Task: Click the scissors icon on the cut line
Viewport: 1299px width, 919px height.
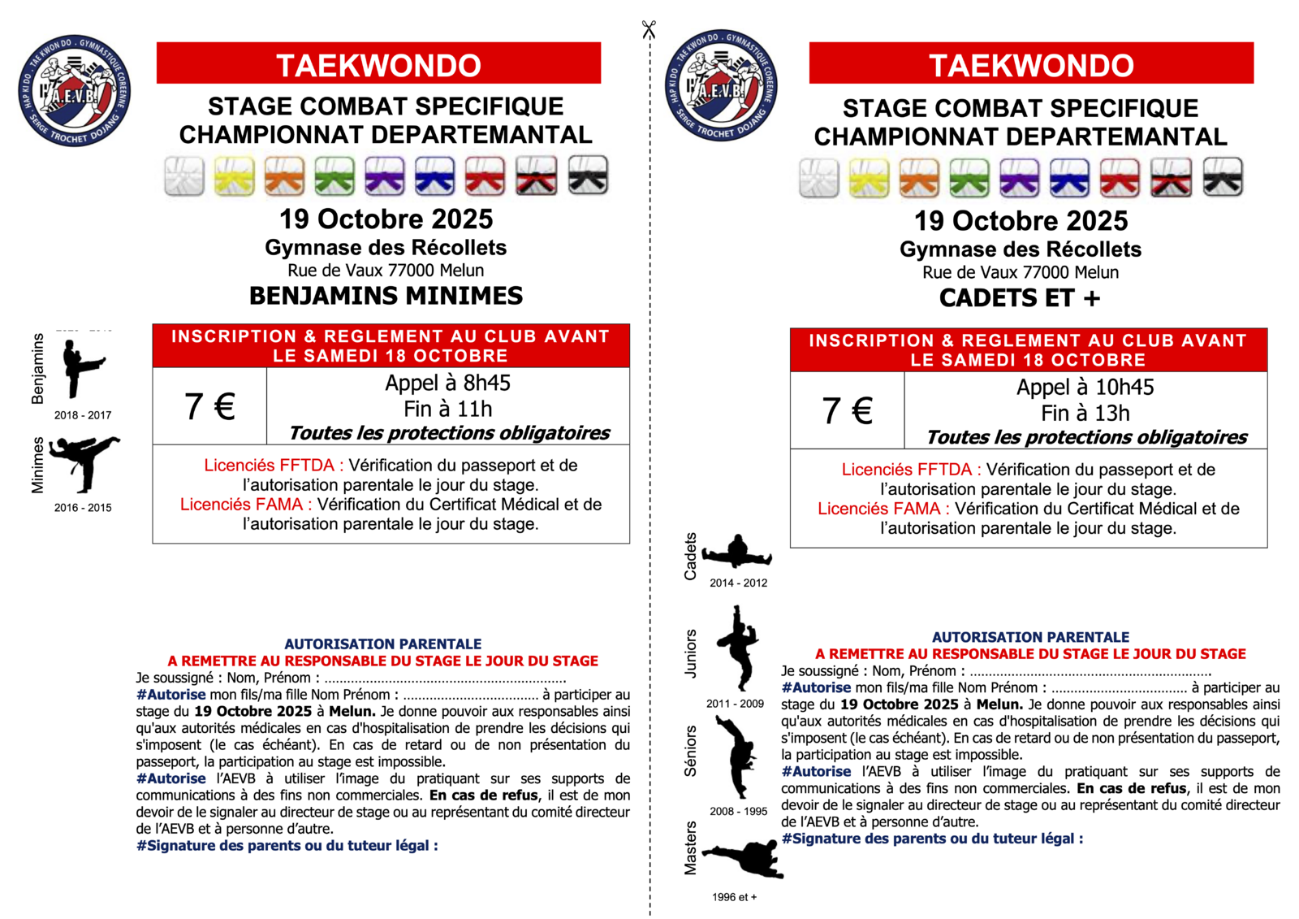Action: click(648, 30)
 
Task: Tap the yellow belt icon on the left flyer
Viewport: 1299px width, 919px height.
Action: click(235, 176)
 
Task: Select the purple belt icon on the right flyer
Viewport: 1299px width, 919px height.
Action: click(1019, 178)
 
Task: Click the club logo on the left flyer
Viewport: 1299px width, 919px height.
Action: click(75, 91)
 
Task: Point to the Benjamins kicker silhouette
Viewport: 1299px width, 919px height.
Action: click(83, 368)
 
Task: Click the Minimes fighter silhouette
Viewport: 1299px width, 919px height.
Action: click(84, 463)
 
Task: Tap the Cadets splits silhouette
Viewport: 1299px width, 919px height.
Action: click(737, 553)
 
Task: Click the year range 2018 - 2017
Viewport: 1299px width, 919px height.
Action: click(83, 415)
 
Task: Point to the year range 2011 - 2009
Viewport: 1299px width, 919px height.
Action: click(735, 704)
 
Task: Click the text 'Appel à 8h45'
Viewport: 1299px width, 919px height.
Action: click(447, 383)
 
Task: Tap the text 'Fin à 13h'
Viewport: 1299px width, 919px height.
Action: click(1085, 414)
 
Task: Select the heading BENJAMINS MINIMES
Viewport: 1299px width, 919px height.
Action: click(386, 296)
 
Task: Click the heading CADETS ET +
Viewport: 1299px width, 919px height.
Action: click(1020, 298)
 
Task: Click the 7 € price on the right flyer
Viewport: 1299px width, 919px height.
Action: click(847, 410)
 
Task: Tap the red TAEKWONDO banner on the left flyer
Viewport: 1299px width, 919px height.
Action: click(378, 64)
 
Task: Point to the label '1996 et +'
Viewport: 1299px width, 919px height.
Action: click(734, 897)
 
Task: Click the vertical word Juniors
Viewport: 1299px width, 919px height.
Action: click(691, 653)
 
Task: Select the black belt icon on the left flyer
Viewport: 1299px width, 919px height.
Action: click(588, 176)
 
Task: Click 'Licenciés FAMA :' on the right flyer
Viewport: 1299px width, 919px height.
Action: click(883, 509)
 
